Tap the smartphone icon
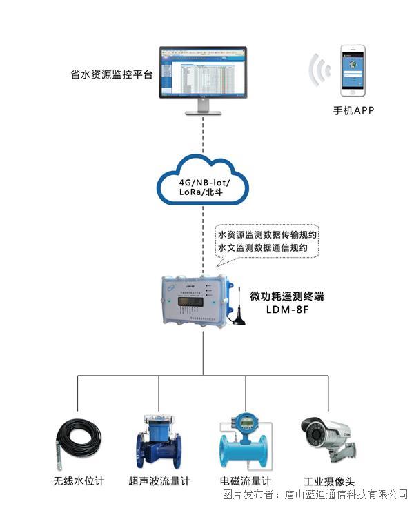[x=353, y=71]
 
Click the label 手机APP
[x=353, y=110]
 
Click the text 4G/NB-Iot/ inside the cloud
[x=204, y=181]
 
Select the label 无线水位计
[x=78, y=481]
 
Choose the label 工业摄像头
[x=328, y=481]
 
